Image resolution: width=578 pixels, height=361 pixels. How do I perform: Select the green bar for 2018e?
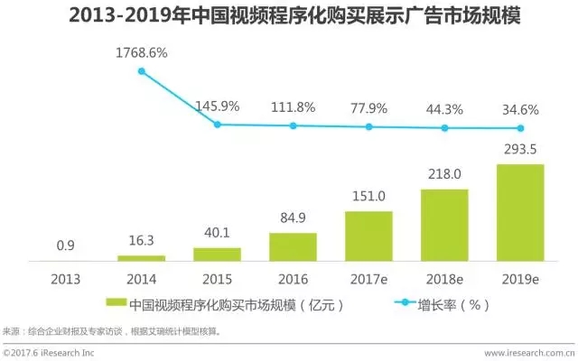[x=444, y=225]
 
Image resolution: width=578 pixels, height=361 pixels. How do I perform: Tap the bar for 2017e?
[x=368, y=236]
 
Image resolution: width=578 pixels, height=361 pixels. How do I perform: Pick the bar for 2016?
[x=293, y=247]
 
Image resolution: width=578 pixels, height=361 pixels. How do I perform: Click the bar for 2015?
[x=218, y=255]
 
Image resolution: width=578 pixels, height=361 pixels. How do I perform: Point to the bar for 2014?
[x=141, y=259]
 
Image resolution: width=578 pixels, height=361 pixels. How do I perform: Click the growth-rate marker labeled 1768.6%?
[x=141, y=70]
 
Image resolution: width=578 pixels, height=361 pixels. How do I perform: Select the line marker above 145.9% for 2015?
[x=218, y=124]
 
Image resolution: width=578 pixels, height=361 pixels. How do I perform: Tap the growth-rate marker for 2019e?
[x=520, y=128]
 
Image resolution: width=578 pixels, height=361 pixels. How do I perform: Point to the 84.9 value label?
[x=293, y=218]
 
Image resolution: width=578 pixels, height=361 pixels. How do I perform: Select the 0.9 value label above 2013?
[x=65, y=245]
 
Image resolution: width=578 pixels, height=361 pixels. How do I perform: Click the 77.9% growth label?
[x=368, y=108]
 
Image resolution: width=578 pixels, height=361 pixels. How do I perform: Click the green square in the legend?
[x=116, y=304]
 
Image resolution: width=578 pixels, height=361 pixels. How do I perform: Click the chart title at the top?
[x=289, y=17]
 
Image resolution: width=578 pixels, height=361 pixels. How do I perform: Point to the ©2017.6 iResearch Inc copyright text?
[x=50, y=354]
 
